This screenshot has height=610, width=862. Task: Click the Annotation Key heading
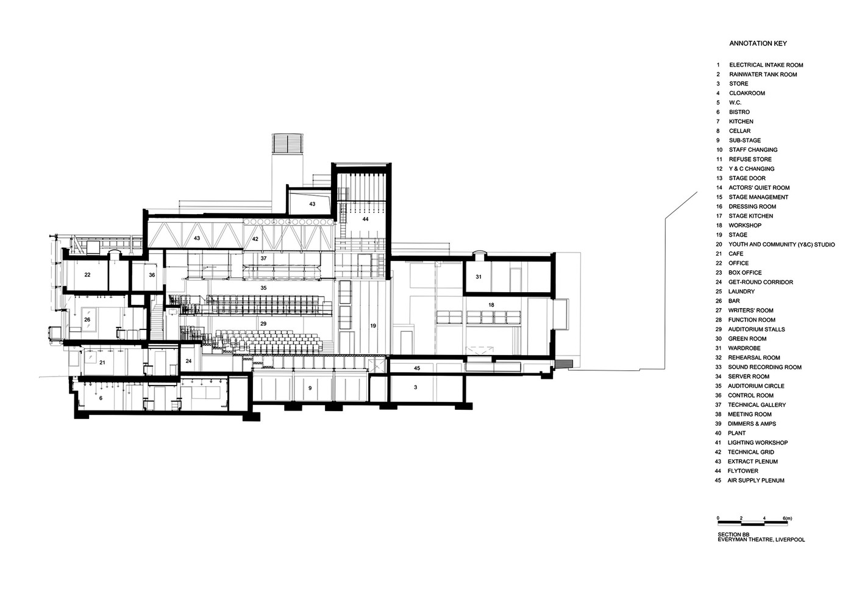coord(758,44)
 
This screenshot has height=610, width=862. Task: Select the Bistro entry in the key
coord(739,112)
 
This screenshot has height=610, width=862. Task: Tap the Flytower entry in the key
coord(743,471)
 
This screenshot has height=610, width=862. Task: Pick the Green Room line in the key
coord(747,339)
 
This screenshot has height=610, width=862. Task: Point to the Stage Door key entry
coord(747,178)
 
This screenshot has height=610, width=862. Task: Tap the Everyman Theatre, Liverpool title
coord(761,540)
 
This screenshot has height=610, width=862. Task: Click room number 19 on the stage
coord(373,326)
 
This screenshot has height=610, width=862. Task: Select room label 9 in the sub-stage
coord(310,388)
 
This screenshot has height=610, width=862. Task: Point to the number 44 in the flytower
coord(366,218)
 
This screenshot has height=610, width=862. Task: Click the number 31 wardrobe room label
coord(479,277)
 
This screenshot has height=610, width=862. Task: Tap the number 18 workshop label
coord(491,305)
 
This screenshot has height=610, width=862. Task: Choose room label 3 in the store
coord(415,388)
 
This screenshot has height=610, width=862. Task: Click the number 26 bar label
coord(87,319)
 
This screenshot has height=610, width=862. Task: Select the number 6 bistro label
coord(101,398)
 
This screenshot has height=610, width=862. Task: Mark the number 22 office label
coord(87,275)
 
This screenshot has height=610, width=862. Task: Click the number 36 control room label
coord(152,275)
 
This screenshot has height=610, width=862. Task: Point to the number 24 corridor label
coord(188,362)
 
